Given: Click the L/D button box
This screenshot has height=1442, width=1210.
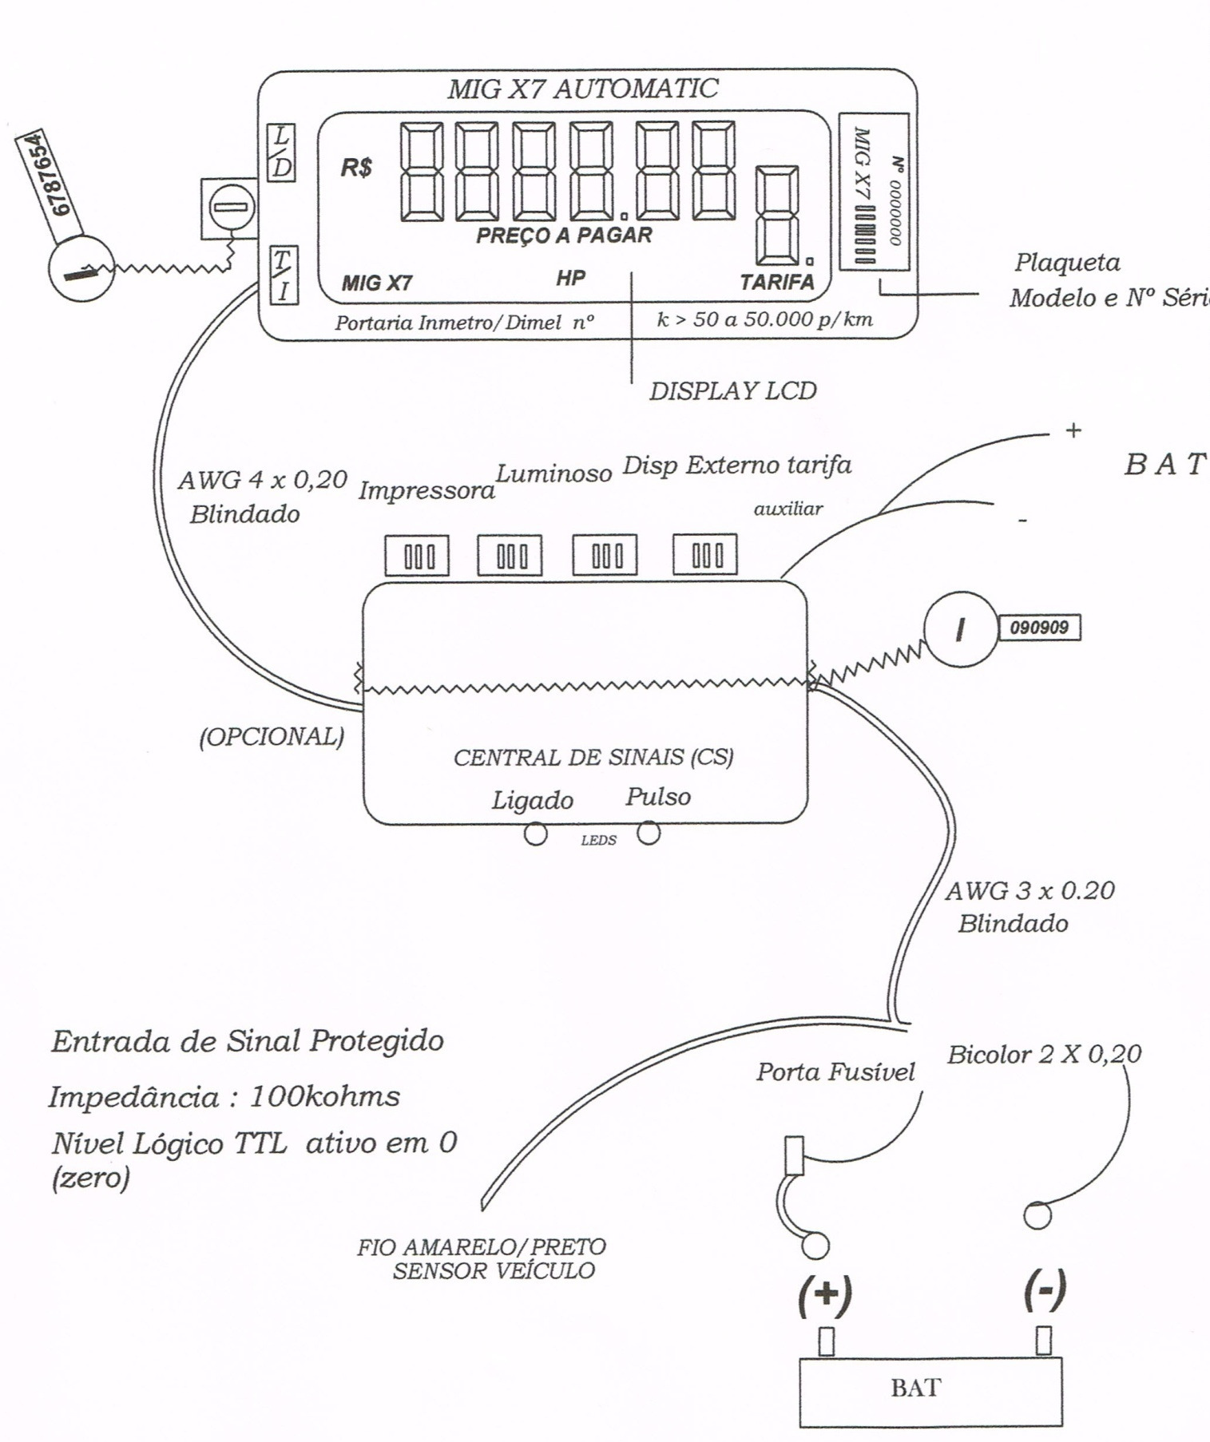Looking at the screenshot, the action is (281, 153).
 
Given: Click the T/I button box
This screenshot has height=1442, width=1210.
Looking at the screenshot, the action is (283, 275).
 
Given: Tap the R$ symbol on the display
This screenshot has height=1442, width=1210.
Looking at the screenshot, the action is (356, 168).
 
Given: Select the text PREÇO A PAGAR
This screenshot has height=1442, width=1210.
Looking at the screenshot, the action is (564, 236).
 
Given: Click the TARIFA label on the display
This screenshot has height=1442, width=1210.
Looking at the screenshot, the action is (776, 282).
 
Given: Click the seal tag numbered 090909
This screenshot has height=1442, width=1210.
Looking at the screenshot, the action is (1039, 628).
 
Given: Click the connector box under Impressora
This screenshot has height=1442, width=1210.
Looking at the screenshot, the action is (417, 556).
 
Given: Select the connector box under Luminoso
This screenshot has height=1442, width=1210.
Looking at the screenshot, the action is (510, 555).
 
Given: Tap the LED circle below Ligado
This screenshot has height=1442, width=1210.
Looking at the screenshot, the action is (535, 834).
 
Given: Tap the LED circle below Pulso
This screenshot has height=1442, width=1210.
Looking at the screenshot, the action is (649, 834).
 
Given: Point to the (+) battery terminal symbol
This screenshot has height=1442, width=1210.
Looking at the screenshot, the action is (825, 1296).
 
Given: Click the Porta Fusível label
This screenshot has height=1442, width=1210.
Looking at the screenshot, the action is (835, 1072).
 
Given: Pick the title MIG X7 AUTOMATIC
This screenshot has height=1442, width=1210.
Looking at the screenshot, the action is (582, 88).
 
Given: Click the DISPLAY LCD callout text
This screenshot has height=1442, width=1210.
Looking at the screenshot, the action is (733, 391).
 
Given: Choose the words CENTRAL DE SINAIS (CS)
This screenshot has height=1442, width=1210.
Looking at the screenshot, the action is (593, 757).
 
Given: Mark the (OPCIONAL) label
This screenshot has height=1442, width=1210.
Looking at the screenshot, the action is (272, 736).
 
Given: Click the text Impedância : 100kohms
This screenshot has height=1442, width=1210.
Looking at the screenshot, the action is (224, 1096).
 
